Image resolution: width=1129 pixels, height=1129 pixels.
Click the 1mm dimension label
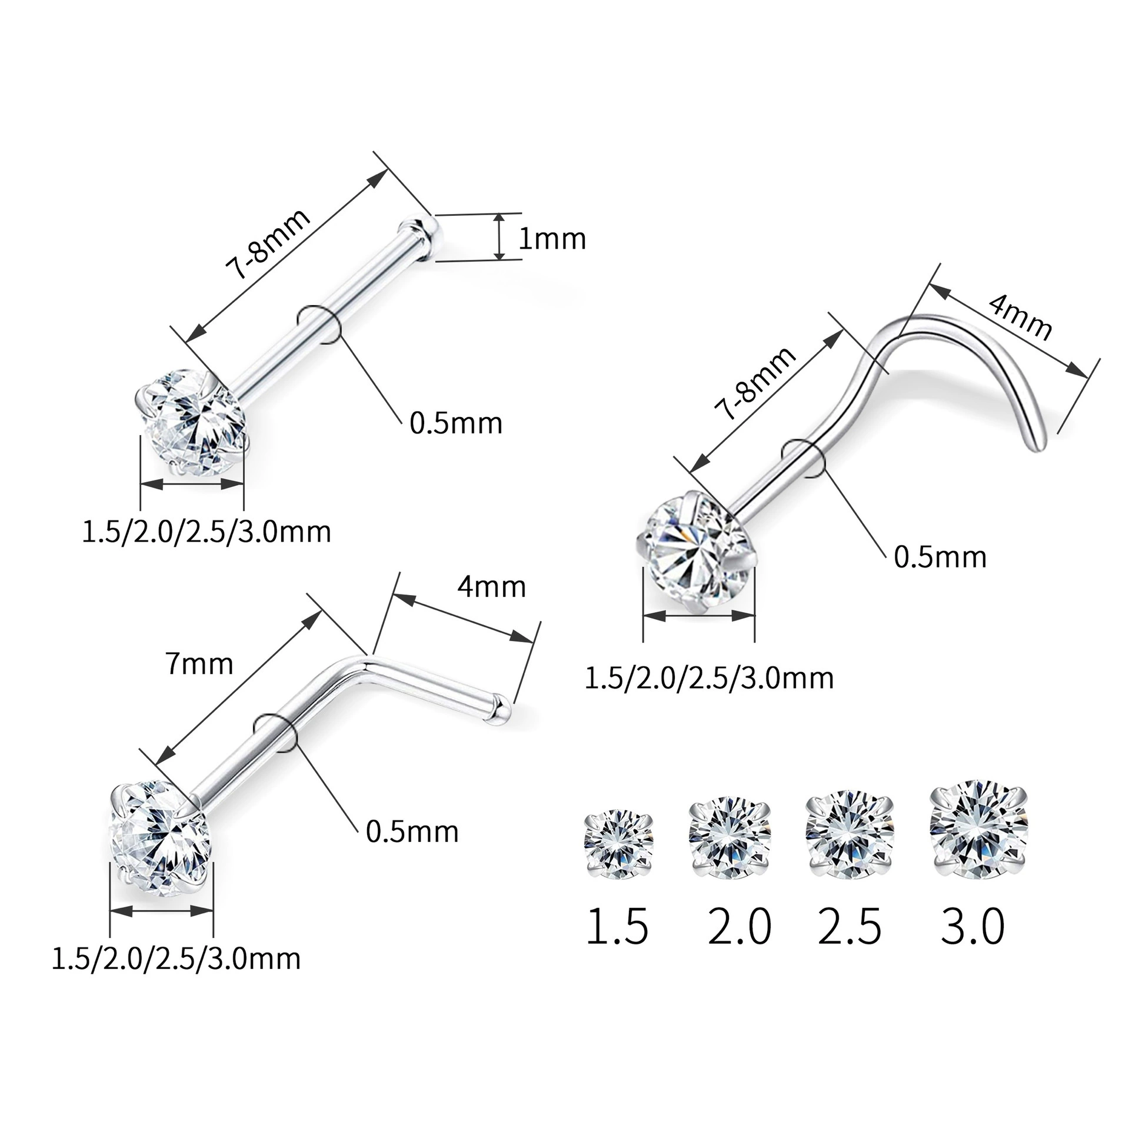click(x=552, y=239)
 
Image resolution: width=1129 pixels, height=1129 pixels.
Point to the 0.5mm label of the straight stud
click(x=456, y=423)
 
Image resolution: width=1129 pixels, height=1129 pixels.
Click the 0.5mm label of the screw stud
click(x=940, y=556)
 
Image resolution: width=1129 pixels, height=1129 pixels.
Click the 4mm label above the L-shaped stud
click(x=491, y=586)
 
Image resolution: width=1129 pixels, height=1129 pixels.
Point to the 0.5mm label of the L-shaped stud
click(x=412, y=831)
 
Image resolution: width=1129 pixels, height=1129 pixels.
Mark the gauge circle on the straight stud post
click(x=318, y=325)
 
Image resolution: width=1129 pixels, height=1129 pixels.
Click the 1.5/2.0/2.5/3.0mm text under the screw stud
click(x=710, y=677)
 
